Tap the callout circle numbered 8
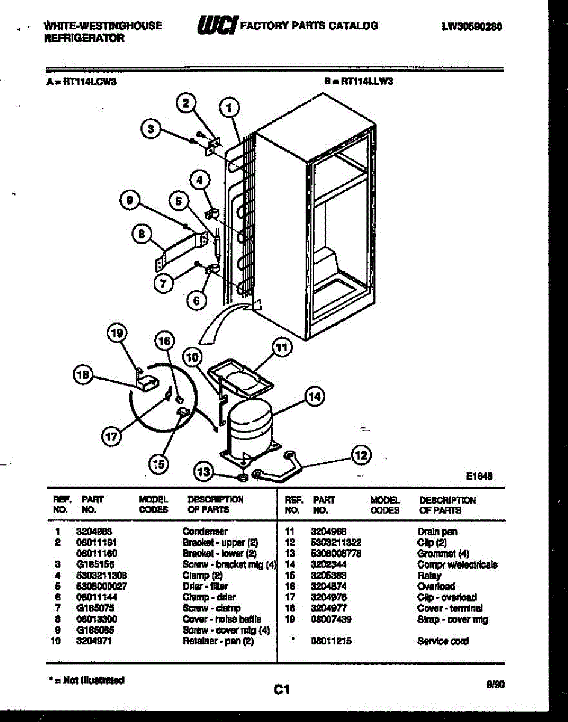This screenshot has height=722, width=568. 142,235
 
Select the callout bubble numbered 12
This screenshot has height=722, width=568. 361,455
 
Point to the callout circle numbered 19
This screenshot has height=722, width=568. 118,333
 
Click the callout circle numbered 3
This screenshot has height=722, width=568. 152,128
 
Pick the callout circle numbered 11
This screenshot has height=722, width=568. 281,347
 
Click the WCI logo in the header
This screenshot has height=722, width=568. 216,25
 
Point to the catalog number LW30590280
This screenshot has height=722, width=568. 472,26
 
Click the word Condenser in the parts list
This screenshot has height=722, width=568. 205,531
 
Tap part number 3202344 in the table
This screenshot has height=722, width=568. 329,564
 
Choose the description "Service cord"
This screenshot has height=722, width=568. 443,641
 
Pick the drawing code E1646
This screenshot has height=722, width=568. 479,475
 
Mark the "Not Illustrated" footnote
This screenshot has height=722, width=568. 86,680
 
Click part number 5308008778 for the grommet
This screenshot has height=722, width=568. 336,554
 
